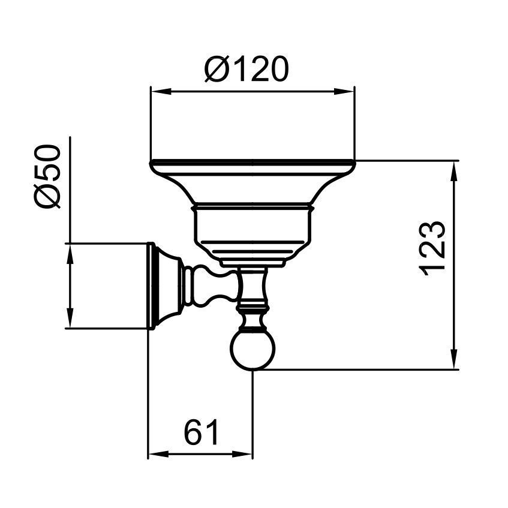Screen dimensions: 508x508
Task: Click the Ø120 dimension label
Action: [x=247, y=69]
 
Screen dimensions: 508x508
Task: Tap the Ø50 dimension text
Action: [x=48, y=176]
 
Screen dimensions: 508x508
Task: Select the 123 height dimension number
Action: [x=432, y=248]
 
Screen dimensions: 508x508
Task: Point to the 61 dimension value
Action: [x=202, y=432]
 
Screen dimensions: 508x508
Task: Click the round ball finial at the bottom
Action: [x=253, y=350]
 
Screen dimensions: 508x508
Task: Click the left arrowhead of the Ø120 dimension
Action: [x=161, y=92]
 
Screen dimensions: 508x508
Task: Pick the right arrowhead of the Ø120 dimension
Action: [x=345, y=92]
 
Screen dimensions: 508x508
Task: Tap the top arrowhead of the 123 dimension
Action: [x=454, y=171]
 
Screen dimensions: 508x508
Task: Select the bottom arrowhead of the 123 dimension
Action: [x=454, y=359]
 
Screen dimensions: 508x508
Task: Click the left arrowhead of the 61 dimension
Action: [x=158, y=454]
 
